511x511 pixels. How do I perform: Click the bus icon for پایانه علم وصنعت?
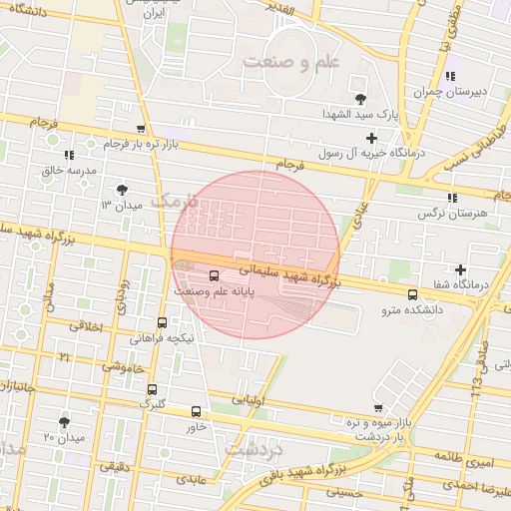[x=215, y=275]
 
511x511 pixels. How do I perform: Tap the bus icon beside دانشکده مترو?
[x=413, y=293]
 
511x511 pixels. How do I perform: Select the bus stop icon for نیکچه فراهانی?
[x=163, y=322]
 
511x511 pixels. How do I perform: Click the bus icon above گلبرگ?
[x=152, y=389]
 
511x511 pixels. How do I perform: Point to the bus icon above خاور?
[x=196, y=410]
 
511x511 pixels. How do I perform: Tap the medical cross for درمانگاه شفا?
[x=460, y=269]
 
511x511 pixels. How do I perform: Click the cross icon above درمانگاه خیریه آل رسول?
[x=372, y=138]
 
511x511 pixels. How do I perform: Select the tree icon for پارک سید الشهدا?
[x=360, y=98]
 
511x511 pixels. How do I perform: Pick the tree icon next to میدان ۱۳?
[x=122, y=188]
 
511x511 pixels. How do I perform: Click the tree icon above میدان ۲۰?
[x=65, y=422]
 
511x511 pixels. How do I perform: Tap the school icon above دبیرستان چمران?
[x=451, y=76]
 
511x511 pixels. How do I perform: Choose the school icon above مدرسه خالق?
[x=68, y=155]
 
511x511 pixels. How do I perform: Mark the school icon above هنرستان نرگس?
[x=451, y=198]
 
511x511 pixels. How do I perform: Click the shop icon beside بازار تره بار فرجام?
[x=142, y=129]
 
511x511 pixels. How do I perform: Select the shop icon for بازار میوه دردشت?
[x=377, y=407]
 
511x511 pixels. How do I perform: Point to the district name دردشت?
[x=255, y=447]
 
